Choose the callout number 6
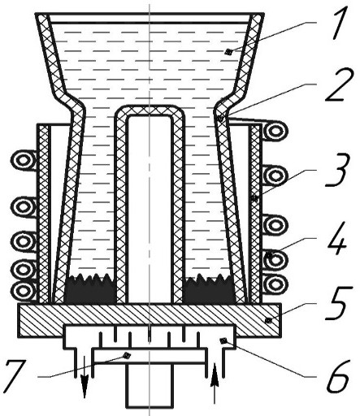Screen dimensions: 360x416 338,377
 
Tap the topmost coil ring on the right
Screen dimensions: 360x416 275,132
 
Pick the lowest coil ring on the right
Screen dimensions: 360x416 275,285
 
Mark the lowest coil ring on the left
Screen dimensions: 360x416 23,291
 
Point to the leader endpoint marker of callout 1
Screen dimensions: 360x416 229,51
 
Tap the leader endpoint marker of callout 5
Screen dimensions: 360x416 268,320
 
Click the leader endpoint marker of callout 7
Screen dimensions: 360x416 127,355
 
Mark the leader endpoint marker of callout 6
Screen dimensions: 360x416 224,340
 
